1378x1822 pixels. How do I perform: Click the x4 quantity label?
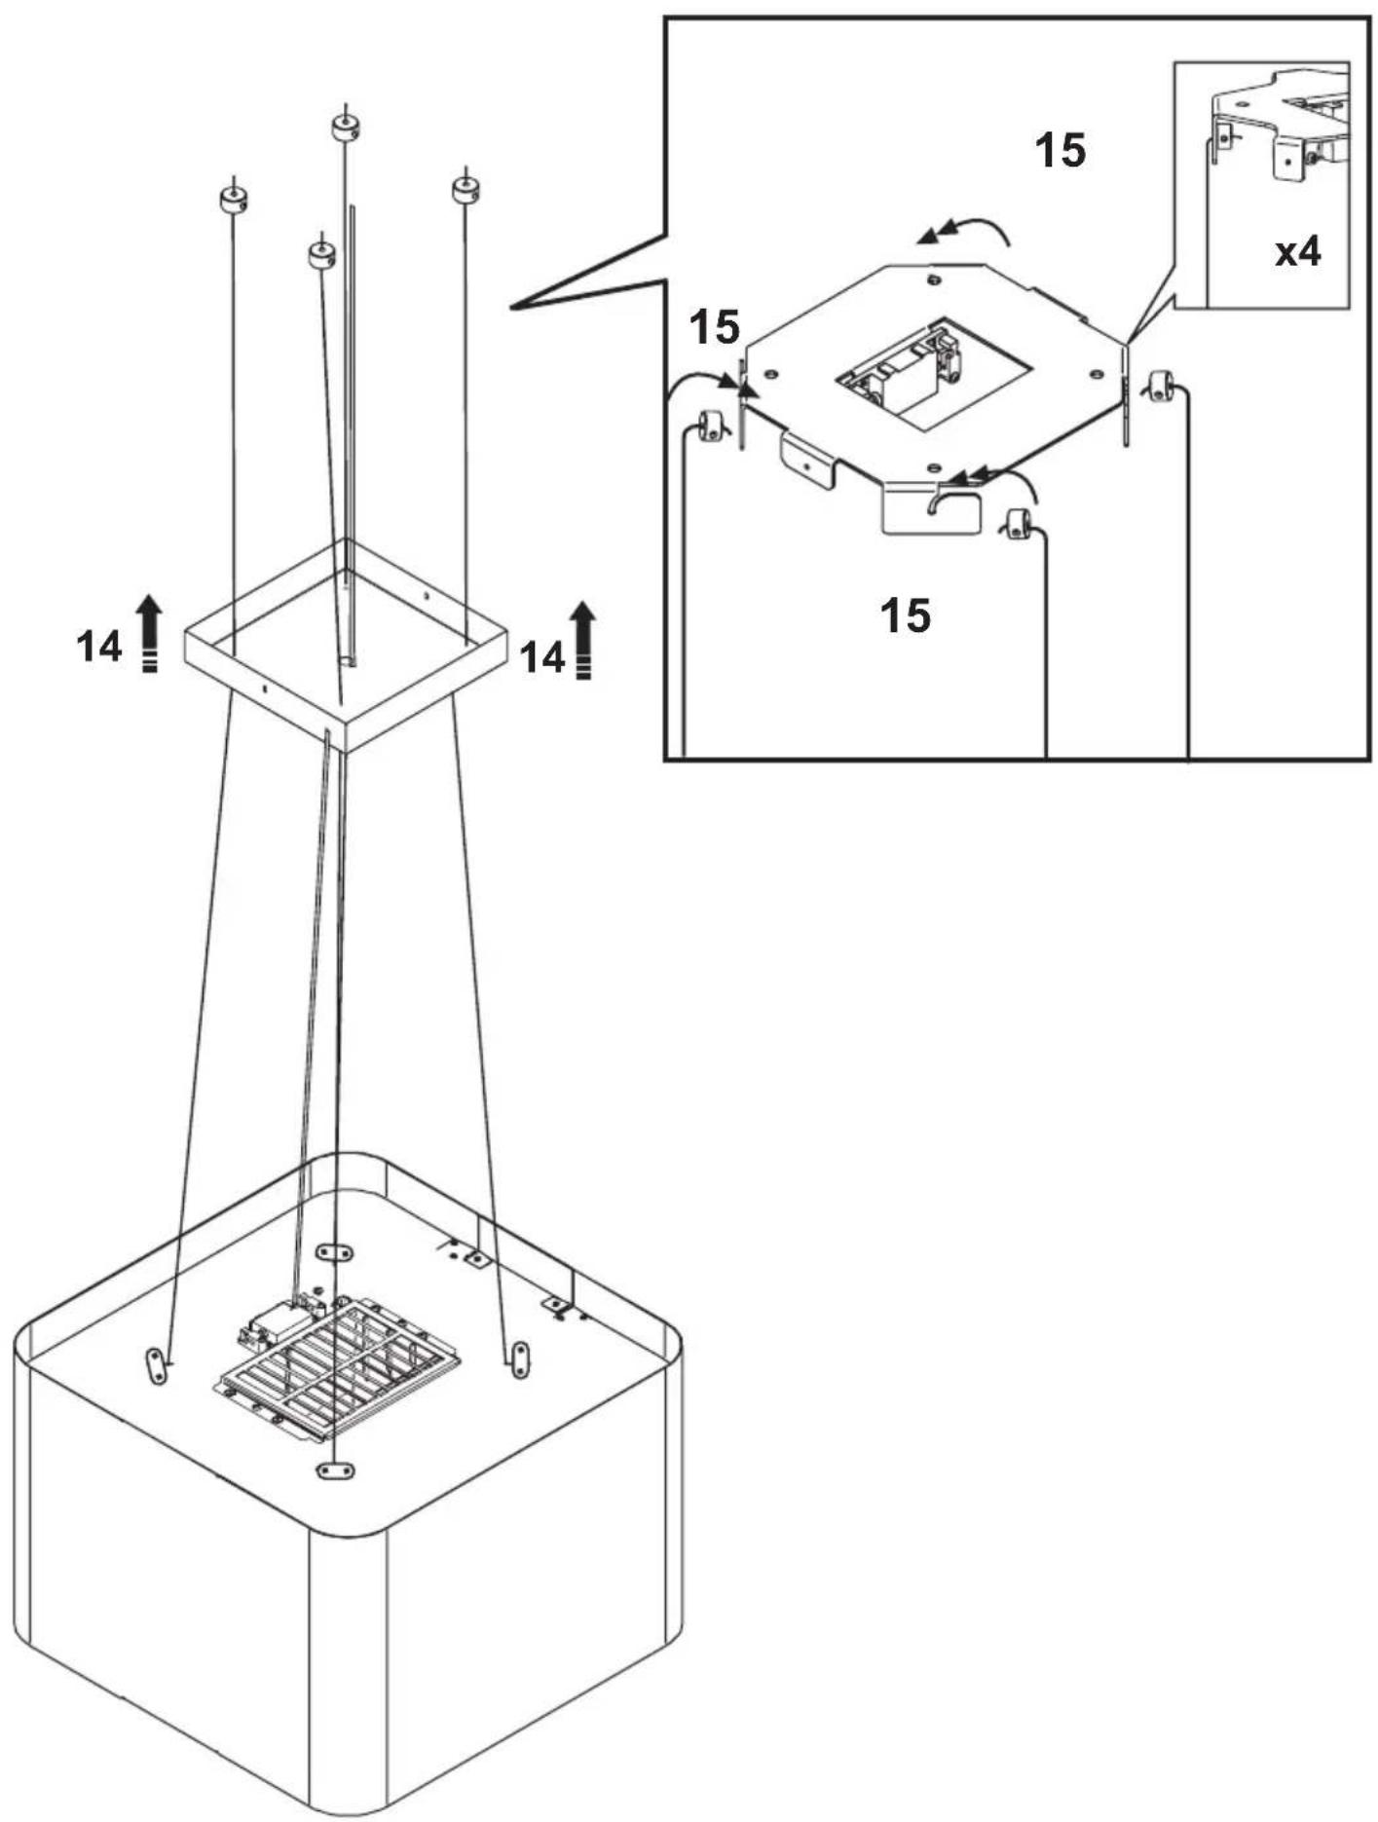click(x=1298, y=252)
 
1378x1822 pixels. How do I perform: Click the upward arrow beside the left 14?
click(x=148, y=633)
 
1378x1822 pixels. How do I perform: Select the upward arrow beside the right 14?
click(x=583, y=640)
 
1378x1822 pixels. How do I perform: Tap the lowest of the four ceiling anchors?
click(x=321, y=254)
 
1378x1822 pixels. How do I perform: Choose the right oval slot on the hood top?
click(x=520, y=1357)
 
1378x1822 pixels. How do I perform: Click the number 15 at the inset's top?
click(x=1060, y=151)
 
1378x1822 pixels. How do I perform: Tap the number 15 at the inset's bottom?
click(x=905, y=614)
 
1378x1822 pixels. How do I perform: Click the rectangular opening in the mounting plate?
click(x=932, y=374)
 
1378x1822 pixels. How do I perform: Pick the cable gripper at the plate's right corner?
click(x=1159, y=386)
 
